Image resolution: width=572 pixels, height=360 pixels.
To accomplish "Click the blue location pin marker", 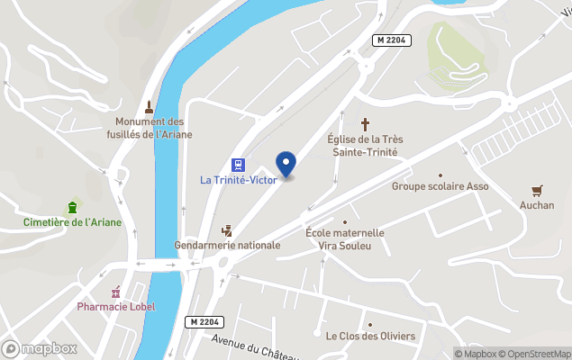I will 286,165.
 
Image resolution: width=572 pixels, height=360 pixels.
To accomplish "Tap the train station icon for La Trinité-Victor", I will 238,165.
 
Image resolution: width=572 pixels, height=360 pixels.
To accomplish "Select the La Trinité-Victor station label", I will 238,180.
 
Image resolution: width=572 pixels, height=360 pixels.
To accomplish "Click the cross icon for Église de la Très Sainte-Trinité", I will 366,124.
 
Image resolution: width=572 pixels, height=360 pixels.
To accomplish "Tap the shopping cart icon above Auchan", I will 537,190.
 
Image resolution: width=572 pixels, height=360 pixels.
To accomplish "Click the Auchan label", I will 537,205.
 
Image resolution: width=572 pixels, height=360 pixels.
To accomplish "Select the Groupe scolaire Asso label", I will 440,186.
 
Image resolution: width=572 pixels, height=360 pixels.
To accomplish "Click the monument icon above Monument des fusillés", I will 150,106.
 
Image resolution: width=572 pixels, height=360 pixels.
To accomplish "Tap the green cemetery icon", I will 72,207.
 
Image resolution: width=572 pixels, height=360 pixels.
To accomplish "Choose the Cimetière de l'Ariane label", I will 72,222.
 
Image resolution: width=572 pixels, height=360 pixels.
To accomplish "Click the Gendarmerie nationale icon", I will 227,230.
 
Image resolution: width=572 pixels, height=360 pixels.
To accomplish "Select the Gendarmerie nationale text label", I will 227,245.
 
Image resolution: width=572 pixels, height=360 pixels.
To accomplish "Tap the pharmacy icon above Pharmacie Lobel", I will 115,292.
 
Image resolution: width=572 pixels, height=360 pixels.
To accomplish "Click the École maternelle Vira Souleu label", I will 345,238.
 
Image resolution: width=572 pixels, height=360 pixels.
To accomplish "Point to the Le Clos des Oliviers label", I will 370,336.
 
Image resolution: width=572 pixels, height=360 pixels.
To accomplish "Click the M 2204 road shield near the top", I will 393,41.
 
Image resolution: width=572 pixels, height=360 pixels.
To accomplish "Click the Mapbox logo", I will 40,348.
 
